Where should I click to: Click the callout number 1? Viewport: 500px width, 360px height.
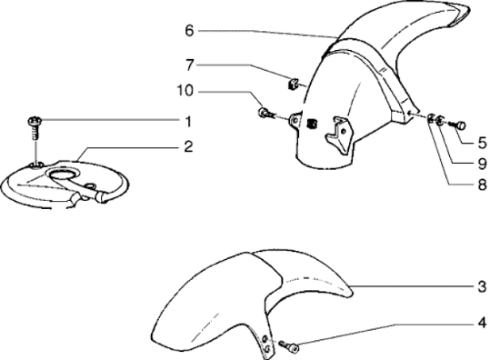(x=188, y=122)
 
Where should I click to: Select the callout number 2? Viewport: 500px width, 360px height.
(x=188, y=146)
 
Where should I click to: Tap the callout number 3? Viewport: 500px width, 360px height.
(x=483, y=286)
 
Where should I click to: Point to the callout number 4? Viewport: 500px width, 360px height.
(x=483, y=323)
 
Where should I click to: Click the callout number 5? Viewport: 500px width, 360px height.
(x=483, y=143)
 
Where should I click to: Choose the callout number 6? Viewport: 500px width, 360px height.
(x=189, y=31)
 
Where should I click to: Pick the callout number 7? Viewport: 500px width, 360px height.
(x=190, y=65)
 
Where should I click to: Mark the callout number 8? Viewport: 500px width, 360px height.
(x=483, y=185)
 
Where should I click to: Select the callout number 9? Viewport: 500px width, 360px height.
(x=483, y=164)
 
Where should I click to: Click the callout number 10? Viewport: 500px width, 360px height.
(x=185, y=91)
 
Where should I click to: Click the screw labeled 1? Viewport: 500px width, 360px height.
(x=35, y=127)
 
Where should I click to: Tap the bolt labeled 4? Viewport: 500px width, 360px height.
(x=288, y=346)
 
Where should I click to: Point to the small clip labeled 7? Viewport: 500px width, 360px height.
(x=293, y=84)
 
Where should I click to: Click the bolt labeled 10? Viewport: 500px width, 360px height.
(x=266, y=113)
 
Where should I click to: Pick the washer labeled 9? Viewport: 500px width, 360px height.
(x=440, y=121)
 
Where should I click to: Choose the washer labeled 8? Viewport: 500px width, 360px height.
(x=431, y=119)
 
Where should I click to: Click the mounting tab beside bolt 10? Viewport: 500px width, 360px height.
(x=295, y=121)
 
